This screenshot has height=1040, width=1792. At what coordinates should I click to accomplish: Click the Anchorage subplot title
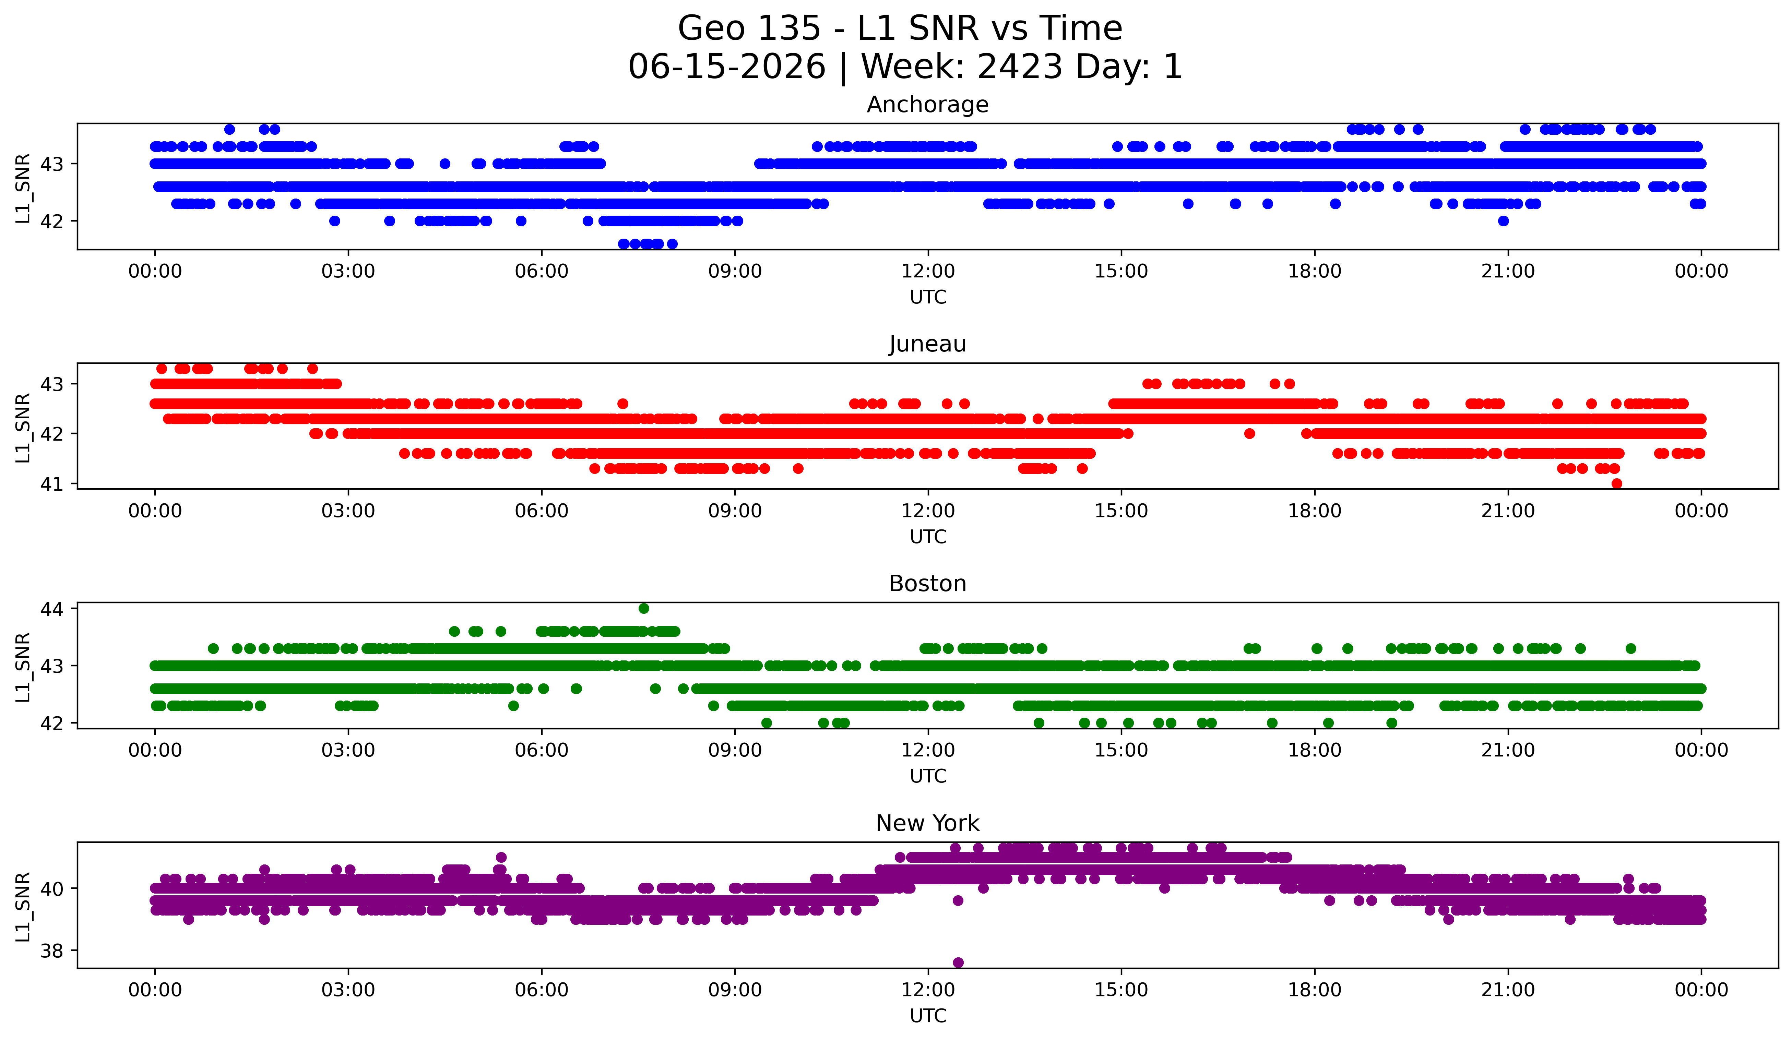[927, 105]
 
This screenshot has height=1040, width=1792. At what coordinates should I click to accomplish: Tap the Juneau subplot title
[927, 344]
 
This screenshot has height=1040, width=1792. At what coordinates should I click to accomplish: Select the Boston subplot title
[927, 584]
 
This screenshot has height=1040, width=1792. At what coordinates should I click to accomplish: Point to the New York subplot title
[927, 823]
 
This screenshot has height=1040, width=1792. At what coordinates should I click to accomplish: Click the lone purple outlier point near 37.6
[958, 963]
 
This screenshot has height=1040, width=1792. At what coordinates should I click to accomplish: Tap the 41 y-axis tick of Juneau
[52, 484]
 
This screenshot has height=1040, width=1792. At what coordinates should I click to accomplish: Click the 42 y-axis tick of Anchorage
[52, 221]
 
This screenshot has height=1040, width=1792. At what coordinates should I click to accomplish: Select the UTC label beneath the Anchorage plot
[928, 297]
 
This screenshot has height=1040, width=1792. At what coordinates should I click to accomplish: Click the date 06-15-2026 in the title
[727, 67]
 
